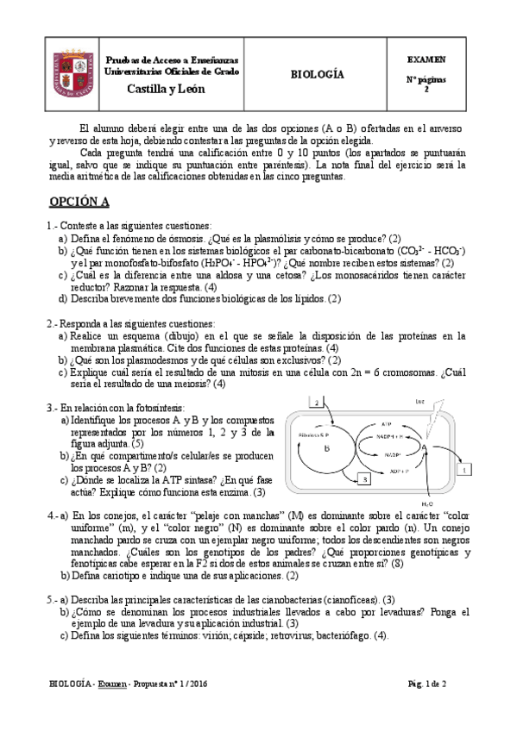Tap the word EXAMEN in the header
click(x=426, y=60)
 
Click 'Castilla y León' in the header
click(x=161, y=88)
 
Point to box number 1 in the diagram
click(x=463, y=470)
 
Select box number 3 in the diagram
click(x=365, y=478)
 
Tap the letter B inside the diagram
click(x=327, y=448)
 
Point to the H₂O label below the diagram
click(x=427, y=502)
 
